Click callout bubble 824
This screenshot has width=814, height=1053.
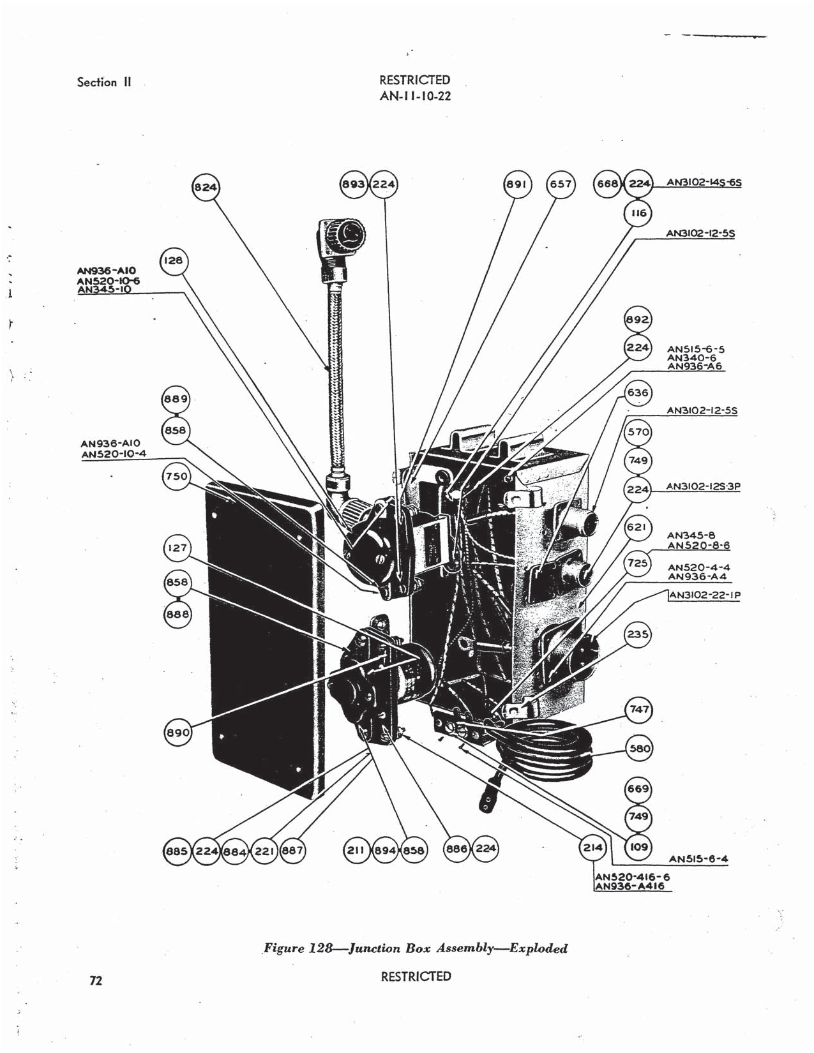tap(206, 187)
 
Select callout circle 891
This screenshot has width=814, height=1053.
tap(516, 184)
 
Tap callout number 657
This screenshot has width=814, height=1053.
tap(561, 184)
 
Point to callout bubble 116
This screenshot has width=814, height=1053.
tap(637, 213)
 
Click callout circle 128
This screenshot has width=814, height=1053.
tap(173, 260)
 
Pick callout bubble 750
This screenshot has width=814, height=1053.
tap(176, 477)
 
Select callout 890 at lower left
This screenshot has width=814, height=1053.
tap(177, 733)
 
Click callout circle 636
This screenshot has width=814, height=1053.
tap(638, 393)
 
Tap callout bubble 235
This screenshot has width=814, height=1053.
tap(638, 634)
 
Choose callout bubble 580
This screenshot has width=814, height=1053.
tap(638, 749)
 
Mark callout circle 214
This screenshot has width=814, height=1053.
tap(592, 848)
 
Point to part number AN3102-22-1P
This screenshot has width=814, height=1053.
tap(704, 595)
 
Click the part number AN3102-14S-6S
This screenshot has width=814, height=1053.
tap(704, 183)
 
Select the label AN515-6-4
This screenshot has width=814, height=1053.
tap(698, 859)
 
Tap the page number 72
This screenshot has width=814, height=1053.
tap(96, 981)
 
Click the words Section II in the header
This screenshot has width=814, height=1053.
tap(104, 82)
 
